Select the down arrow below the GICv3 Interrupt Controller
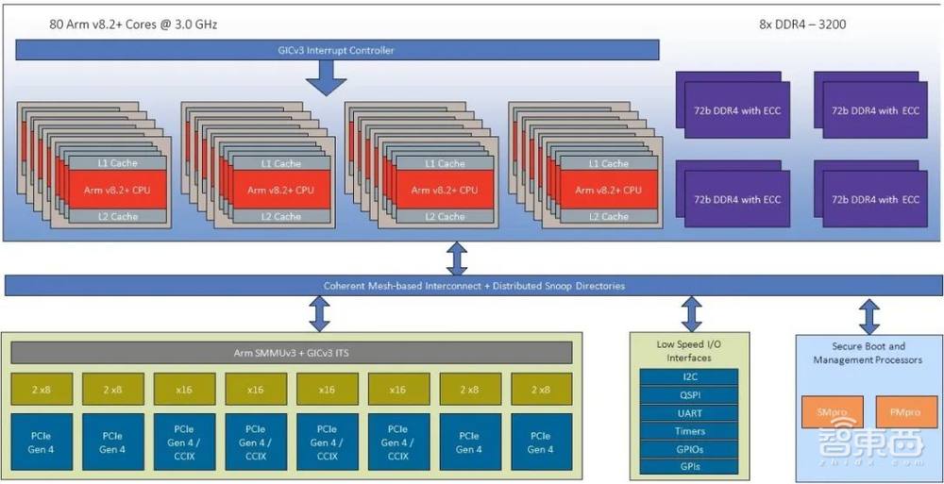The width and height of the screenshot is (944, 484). [x=327, y=77]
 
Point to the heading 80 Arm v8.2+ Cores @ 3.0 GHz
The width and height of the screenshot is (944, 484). [x=133, y=24]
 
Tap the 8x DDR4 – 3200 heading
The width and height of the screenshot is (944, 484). [x=801, y=24]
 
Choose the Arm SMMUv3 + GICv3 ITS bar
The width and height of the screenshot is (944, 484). [x=292, y=353]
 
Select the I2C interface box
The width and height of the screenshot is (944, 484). [x=691, y=376]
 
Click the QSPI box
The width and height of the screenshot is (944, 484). [x=691, y=394]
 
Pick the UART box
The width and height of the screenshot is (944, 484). [x=691, y=413]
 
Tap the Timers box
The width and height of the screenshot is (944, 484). [x=691, y=431]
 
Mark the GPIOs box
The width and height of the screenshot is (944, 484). [x=691, y=449]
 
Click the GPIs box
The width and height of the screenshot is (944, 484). [x=691, y=467]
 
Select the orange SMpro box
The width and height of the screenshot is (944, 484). [x=826, y=412]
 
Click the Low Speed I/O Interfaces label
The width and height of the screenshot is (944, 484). [x=691, y=350]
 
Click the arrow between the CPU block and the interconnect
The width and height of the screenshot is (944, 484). [x=457, y=258]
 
